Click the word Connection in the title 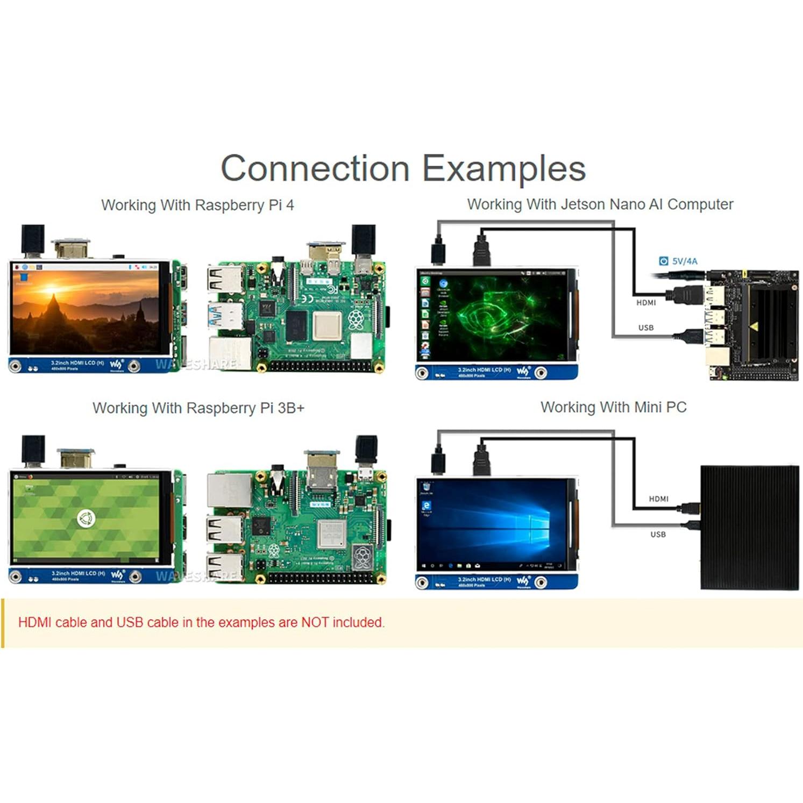point(315,169)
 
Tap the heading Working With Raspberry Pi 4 point(197,205)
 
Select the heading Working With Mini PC point(613,408)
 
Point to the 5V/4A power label point(684,261)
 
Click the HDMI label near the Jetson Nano point(646,303)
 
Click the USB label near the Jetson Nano point(646,328)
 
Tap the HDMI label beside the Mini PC point(658,499)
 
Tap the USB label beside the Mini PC point(658,535)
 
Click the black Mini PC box point(749,527)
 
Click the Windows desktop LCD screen point(492,524)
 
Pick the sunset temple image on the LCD point(86,311)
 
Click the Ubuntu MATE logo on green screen point(86,518)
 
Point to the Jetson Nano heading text point(600,205)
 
